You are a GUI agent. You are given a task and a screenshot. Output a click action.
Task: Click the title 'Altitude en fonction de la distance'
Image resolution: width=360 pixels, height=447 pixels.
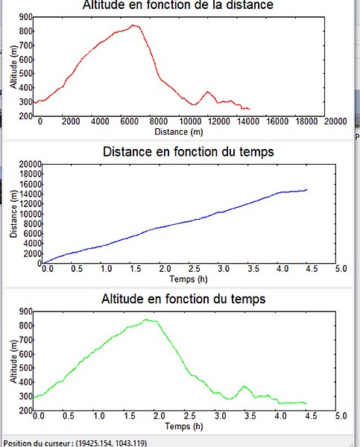(178, 5)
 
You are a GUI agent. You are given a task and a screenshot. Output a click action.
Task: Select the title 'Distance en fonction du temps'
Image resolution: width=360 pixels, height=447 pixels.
(189, 152)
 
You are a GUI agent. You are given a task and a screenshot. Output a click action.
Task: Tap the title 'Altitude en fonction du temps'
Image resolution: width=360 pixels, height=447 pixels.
(183, 299)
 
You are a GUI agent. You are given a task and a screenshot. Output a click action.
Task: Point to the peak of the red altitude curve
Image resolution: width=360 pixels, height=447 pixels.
(133, 25)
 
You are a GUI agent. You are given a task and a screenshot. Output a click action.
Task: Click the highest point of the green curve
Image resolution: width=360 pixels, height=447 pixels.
(146, 320)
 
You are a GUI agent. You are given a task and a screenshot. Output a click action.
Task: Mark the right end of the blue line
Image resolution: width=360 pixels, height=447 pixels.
(306, 189)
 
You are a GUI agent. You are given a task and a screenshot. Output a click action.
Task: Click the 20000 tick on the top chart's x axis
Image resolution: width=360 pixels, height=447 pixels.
(335, 121)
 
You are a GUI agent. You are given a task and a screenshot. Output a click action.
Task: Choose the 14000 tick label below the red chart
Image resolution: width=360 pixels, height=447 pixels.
(248, 121)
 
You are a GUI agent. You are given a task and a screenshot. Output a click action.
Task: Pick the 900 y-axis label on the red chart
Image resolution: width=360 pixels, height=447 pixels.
(26, 17)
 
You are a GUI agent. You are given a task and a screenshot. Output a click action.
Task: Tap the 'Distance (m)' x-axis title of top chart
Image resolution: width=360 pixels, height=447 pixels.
(179, 132)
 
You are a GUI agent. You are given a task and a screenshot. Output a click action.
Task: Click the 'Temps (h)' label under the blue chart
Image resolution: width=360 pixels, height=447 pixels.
(189, 279)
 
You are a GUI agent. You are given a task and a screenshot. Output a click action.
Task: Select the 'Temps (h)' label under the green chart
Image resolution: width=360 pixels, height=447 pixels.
(184, 426)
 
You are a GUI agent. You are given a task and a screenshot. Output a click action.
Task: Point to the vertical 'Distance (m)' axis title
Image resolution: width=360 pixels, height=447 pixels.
(13, 214)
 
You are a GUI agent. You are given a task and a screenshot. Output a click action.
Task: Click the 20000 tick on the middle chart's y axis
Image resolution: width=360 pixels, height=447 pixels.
(31, 164)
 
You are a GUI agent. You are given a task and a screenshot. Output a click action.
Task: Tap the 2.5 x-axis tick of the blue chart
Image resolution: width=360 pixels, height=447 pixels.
(195, 269)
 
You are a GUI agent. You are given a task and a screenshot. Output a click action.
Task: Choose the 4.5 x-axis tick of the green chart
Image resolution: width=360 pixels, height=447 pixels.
(311, 416)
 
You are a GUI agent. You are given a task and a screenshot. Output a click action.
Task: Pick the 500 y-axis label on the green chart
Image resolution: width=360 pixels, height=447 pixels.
(26, 368)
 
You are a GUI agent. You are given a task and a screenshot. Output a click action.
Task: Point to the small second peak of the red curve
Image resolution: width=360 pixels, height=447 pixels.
(207, 92)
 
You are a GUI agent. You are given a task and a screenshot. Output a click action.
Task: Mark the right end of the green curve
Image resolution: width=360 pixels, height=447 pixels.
(306, 403)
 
